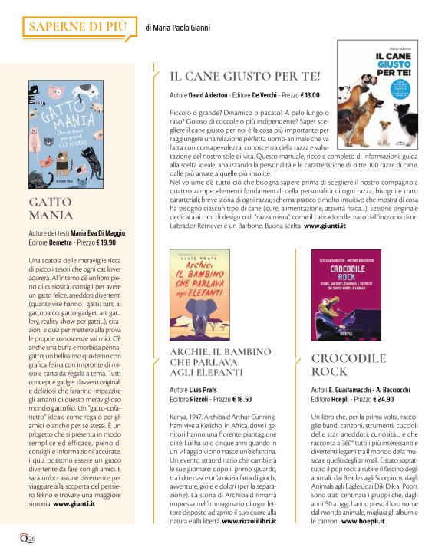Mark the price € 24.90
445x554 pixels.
click(384, 400)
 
